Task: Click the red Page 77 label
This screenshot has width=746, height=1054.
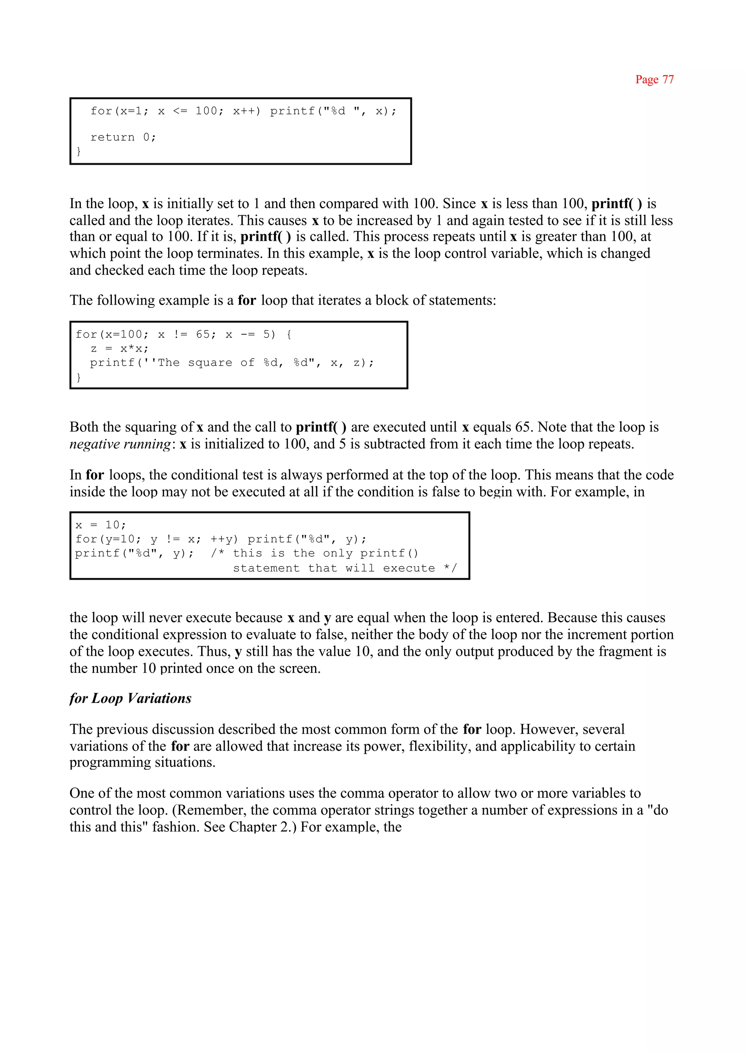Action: click(654, 79)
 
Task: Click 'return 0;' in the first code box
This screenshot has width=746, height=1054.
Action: click(123, 137)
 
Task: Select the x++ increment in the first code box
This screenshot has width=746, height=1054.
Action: click(246, 111)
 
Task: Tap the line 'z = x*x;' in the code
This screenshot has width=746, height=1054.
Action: click(119, 349)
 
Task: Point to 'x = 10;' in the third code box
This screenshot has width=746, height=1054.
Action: click(101, 525)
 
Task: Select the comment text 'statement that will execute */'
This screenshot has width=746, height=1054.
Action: click(345, 568)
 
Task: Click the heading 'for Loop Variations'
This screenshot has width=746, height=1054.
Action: click(130, 698)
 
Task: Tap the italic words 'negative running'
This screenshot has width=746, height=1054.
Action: click(120, 444)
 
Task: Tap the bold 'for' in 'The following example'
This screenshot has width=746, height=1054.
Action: click(247, 301)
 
